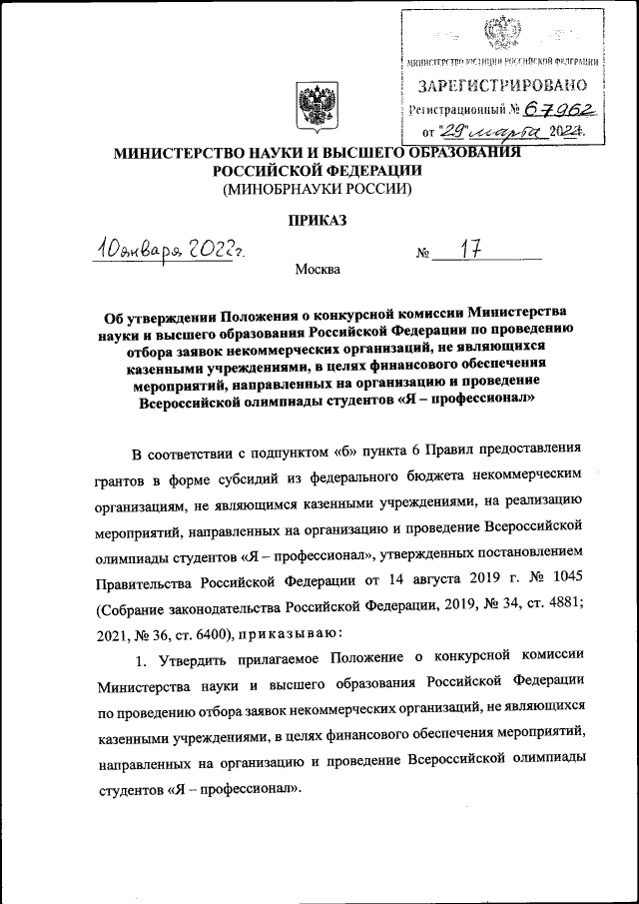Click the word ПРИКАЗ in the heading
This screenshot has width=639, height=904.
(318, 221)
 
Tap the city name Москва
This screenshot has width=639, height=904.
(318, 269)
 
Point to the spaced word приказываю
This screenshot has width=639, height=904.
(292, 633)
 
